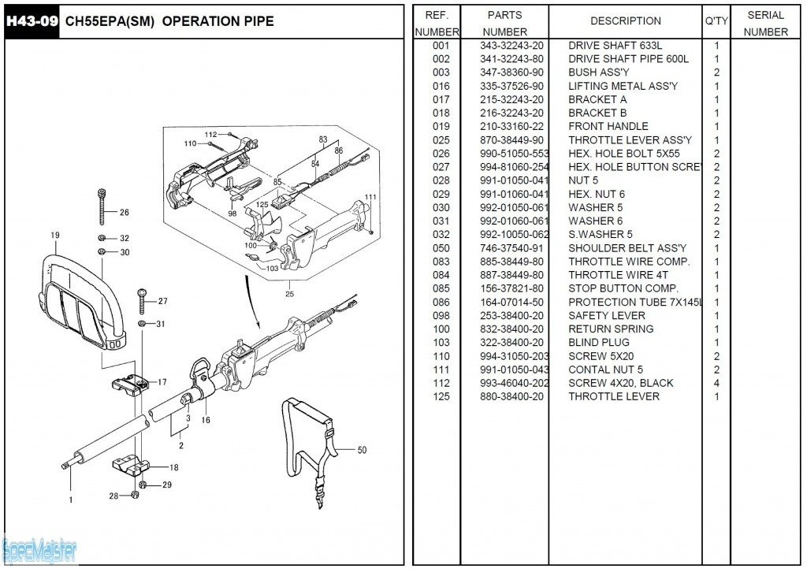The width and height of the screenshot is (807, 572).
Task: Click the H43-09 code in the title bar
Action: click(x=32, y=21)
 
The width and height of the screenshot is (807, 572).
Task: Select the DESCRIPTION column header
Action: click(x=625, y=21)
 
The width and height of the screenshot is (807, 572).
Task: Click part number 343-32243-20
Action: click(x=511, y=46)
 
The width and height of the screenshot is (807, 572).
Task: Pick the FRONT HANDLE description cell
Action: click(x=608, y=126)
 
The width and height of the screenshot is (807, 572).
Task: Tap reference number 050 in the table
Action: click(x=441, y=248)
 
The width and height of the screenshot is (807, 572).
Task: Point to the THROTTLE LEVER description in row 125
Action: click(x=614, y=396)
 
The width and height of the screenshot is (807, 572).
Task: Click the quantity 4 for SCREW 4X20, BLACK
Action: click(x=716, y=383)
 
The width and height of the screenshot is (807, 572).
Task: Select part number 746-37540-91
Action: click(x=511, y=248)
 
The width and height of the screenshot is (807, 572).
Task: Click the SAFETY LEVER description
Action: click(x=606, y=315)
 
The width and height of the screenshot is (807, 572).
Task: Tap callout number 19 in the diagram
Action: click(x=54, y=235)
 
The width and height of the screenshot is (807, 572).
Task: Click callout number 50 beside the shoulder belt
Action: click(x=362, y=451)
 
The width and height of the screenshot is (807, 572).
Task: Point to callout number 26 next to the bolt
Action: click(x=124, y=212)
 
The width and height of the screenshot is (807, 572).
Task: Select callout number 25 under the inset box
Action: click(x=289, y=295)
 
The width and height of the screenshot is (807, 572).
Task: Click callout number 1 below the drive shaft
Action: click(x=70, y=499)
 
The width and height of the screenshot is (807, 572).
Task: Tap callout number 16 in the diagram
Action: click(x=206, y=420)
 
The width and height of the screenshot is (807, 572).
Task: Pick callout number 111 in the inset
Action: click(x=370, y=197)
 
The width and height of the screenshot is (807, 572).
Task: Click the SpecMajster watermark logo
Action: click(x=39, y=550)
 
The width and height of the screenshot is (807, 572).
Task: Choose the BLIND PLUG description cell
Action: click(x=598, y=343)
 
